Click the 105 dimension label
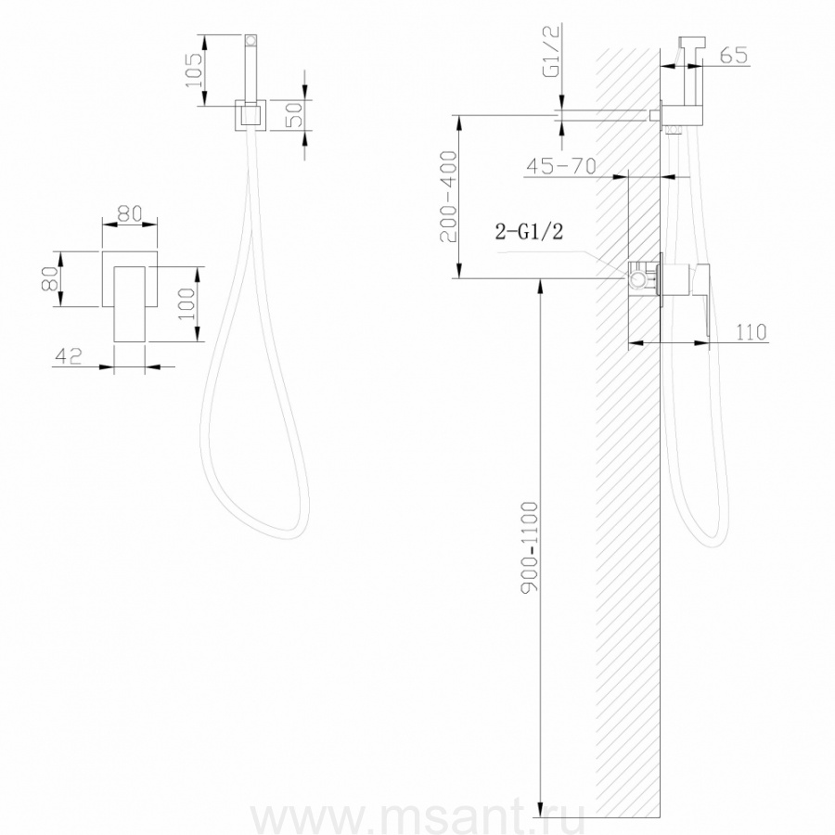(x=194, y=71)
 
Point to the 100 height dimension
(x=186, y=304)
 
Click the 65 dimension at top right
(x=734, y=56)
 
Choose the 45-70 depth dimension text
(x=560, y=166)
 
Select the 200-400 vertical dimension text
(x=448, y=197)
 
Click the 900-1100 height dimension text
(x=530, y=546)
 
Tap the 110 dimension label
(x=751, y=332)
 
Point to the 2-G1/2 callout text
(x=529, y=231)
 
